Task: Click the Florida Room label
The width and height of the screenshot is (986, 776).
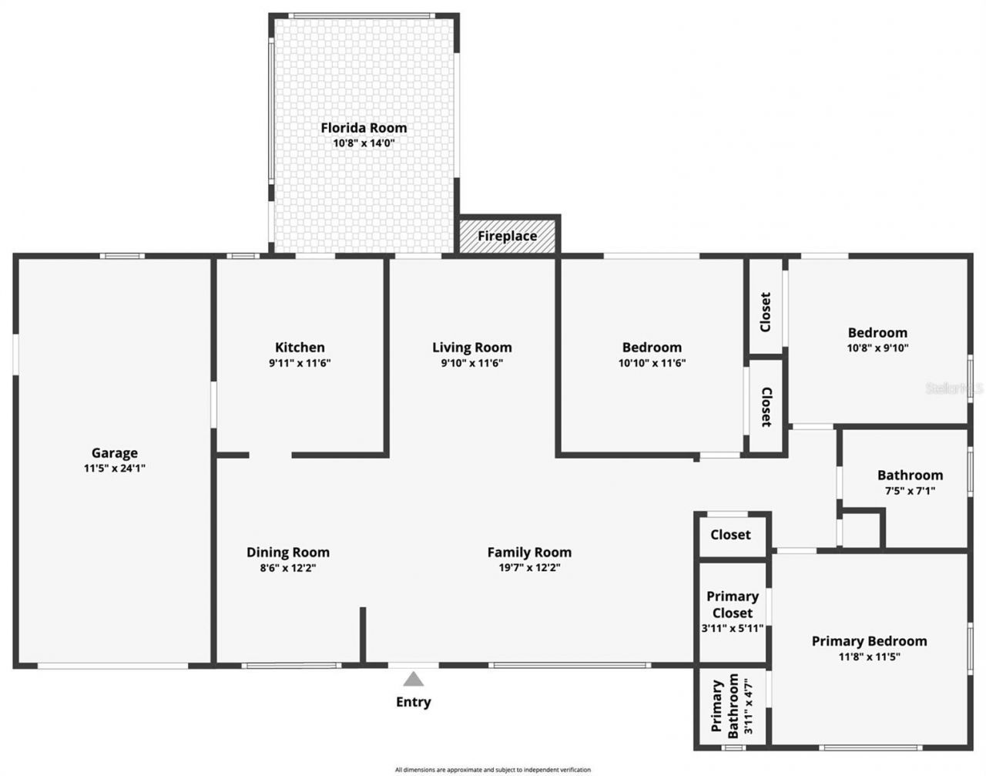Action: [x=364, y=128]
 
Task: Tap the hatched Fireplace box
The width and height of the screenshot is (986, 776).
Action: [x=507, y=236]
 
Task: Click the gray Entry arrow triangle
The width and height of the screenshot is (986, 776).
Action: [x=414, y=679]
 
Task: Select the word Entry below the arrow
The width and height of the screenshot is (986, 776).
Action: [x=414, y=702]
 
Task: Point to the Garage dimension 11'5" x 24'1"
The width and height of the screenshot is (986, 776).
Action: [x=115, y=468]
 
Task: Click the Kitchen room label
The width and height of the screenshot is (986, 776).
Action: [x=300, y=348]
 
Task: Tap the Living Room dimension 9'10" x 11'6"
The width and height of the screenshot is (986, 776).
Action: [x=471, y=363]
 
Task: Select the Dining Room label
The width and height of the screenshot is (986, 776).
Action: [x=288, y=553]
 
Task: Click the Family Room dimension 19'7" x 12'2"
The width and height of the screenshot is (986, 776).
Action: [x=529, y=568]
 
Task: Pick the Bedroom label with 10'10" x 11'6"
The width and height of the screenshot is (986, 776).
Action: [x=652, y=348]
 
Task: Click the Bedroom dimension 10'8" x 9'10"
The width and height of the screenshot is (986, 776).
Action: [x=877, y=348]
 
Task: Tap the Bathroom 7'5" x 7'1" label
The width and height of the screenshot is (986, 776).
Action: [x=910, y=475]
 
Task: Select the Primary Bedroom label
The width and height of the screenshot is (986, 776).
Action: [x=869, y=641]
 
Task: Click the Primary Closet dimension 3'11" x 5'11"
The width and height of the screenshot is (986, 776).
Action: [x=732, y=628]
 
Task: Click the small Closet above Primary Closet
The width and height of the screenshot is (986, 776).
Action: [x=730, y=535]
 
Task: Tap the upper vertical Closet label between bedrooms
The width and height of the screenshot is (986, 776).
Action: [x=766, y=311]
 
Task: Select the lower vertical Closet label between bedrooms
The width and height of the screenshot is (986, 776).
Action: [x=766, y=406]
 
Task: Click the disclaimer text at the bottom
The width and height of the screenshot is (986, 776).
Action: [x=493, y=769]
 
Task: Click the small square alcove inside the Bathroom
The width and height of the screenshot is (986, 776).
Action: [x=861, y=529]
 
